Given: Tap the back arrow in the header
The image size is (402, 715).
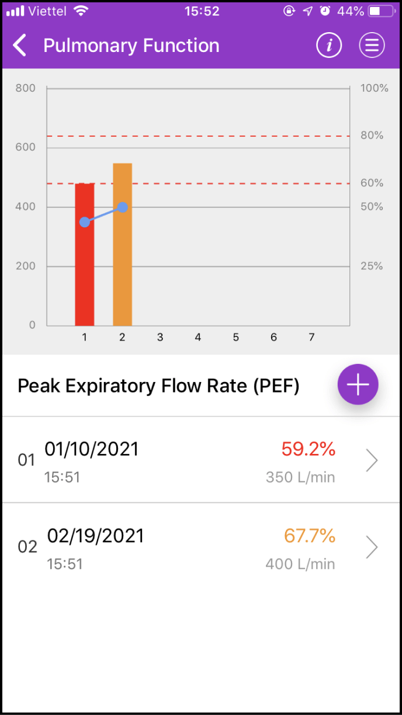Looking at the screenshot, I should coord(20,46).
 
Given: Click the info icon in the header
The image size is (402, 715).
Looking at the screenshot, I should coord(329,46).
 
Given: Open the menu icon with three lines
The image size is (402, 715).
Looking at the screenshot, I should coord(372,46).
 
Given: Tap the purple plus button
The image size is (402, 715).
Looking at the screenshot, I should coord(358,384).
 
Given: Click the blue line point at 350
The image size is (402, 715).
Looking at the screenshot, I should coord(85,222).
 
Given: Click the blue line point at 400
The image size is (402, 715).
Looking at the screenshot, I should coord(123,207).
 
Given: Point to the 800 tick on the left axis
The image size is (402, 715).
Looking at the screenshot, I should coord(26,88).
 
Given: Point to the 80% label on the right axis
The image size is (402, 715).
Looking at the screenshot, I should coord(372,136).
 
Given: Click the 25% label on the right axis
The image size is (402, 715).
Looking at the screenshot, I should coord(372,266).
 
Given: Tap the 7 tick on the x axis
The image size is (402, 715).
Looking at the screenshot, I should coord(311,337).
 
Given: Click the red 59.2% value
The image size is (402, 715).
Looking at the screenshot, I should coord(308,449).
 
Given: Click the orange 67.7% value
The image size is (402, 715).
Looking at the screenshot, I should coord(309,536).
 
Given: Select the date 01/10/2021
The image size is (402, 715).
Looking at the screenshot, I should coord(92,449).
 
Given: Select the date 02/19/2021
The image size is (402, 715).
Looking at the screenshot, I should coord(95,536).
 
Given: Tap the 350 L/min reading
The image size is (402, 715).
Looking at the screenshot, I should coord(300,477).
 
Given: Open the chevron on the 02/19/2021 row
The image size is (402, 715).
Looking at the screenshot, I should coord(372,547).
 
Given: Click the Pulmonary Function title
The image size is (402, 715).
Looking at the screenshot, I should coord(131,46).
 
